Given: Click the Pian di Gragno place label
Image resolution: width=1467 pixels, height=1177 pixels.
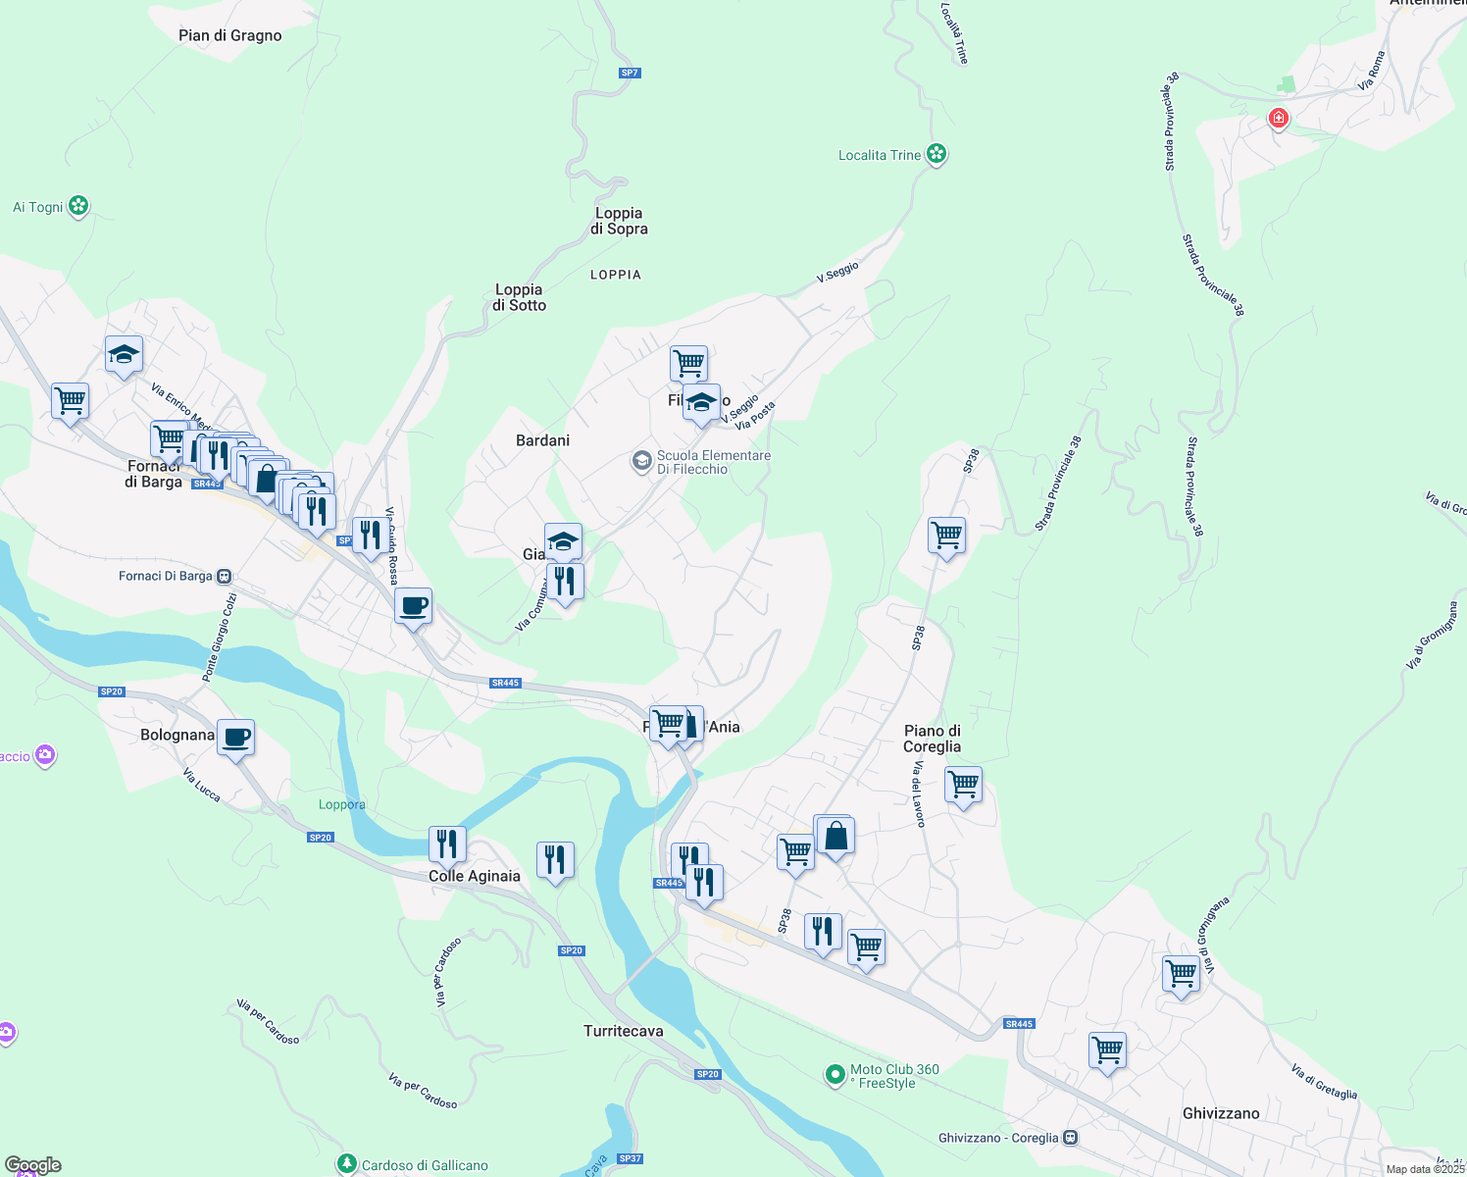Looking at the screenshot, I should [x=229, y=36].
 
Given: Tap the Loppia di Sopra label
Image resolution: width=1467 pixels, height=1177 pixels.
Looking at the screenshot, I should [x=619, y=221].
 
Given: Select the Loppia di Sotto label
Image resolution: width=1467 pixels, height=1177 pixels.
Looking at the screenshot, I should [x=519, y=297].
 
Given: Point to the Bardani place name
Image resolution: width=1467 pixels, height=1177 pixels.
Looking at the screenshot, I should [x=542, y=440].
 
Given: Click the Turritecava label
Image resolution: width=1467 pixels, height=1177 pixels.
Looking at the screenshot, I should [x=623, y=1031].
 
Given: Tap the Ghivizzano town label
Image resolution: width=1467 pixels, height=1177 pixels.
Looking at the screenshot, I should [x=1220, y=1113].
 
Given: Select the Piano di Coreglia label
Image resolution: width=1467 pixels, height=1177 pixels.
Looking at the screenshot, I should [x=932, y=739].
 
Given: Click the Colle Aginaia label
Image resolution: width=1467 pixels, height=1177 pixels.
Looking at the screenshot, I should [x=475, y=876].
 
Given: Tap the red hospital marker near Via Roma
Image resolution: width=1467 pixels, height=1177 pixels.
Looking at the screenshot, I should [x=1278, y=119].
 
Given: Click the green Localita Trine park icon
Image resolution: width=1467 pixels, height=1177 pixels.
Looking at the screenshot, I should [x=936, y=154].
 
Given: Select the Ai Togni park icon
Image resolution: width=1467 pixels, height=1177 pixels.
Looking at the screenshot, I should [x=78, y=206].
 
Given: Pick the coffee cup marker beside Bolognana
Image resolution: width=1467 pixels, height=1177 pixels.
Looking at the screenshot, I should [x=235, y=737].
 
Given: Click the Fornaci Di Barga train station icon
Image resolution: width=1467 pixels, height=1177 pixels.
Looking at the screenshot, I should [x=225, y=576].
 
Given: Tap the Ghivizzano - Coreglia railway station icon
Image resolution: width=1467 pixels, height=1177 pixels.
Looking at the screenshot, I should [x=1071, y=1138].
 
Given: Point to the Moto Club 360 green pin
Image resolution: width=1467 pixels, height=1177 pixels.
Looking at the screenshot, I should [x=835, y=1075].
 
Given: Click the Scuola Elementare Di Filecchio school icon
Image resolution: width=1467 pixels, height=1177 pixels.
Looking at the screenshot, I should [x=641, y=461].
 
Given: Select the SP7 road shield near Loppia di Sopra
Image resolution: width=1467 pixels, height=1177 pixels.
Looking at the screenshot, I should [x=630, y=73].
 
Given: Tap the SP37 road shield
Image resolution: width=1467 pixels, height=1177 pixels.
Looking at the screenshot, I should [x=631, y=1158].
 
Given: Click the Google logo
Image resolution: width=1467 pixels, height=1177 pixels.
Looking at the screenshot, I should [x=33, y=1165].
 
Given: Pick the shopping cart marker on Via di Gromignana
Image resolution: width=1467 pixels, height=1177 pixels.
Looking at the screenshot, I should [x=1181, y=975].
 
